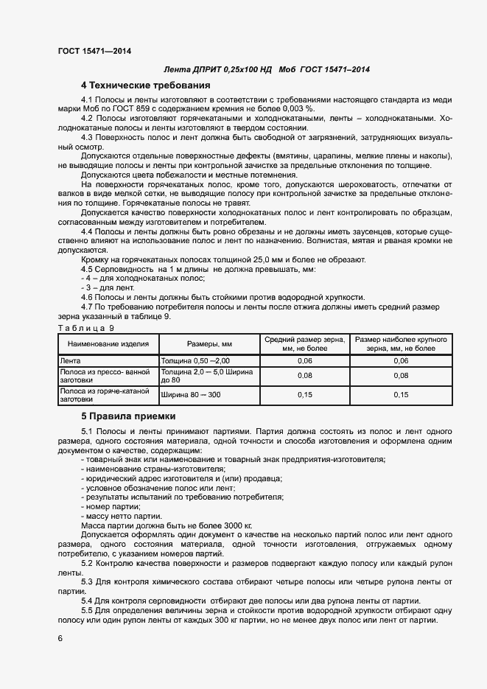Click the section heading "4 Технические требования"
coord(146,85)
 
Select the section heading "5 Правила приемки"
coord(128,416)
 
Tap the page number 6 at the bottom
coord(60,638)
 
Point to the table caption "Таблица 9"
coord(85,326)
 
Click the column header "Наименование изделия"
coord(108,343)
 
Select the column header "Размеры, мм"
coord(209,343)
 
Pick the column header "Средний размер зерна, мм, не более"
coord(304,343)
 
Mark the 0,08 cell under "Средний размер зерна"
coord(304,375)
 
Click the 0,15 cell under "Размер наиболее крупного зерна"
coord(401,395)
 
